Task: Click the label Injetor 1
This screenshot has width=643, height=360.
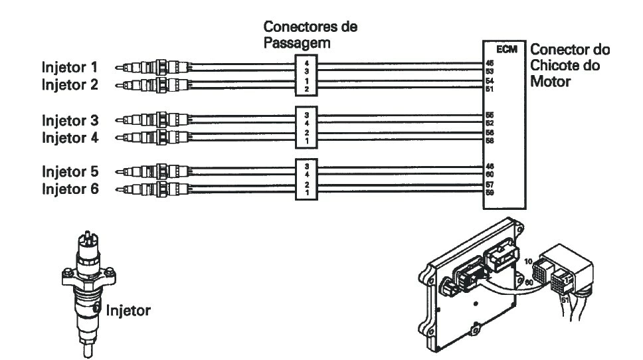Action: coord(70,66)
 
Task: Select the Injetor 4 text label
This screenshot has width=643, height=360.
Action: coord(70,138)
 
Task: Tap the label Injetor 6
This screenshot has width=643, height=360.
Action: coord(70,189)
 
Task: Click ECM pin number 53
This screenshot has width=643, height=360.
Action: coord(490,70)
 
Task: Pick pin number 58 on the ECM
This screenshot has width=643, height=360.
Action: coord(490,140)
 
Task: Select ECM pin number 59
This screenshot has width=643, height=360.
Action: coord(490,193)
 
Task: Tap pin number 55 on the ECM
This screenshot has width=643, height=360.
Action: coord(490,114)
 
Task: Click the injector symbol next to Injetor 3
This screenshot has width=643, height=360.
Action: coord(152,120)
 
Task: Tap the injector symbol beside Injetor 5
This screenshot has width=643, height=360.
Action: coord(152,171)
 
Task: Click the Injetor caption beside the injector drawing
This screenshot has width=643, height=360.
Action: coord(128,309)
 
